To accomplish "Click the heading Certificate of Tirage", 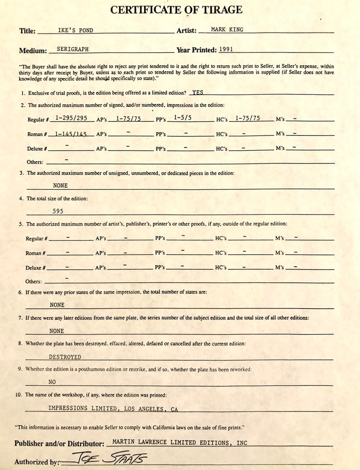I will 176,10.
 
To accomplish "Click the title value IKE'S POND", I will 75,31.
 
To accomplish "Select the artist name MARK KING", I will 227,30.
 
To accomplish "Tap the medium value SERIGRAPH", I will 73,50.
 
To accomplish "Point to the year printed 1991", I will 226,49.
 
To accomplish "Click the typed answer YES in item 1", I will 198,92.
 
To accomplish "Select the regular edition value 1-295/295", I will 71,118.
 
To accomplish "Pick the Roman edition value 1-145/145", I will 71,134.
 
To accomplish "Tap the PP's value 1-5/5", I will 183,118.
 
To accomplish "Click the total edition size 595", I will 58,211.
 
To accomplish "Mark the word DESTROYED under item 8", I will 65,357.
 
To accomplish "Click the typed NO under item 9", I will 52,382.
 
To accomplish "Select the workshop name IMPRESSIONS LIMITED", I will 83,408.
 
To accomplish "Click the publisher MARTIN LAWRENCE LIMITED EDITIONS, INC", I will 180,443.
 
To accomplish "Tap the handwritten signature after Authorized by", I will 109,459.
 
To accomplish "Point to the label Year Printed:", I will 197,50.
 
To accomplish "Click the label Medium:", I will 33,51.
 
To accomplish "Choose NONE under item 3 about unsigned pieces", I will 60,185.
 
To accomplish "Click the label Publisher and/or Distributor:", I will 59,444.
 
